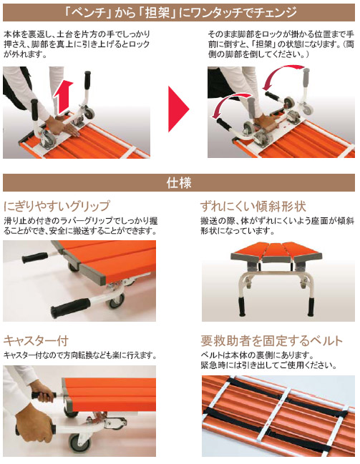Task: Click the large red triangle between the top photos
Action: (x=177, y=109)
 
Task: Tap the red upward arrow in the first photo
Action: (x=63, y=97)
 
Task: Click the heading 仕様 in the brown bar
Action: (x=179, y=182)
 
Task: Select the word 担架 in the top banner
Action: (x=157, y=13)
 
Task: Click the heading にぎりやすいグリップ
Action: (x=57, y=206)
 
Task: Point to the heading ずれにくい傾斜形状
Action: (x=253, y=206)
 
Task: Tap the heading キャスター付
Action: (x=36, y=340)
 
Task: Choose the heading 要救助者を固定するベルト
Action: (x=271, y=341)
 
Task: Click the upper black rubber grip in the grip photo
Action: (x=35, y=257)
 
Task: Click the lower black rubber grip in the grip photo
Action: (x=70, y=308)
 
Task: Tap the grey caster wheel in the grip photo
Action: (x=116, y=301)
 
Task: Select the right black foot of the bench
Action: (x=311, y=307)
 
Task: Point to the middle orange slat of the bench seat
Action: (x=276, y=252)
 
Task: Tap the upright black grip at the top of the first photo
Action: (x=88, y=80)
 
